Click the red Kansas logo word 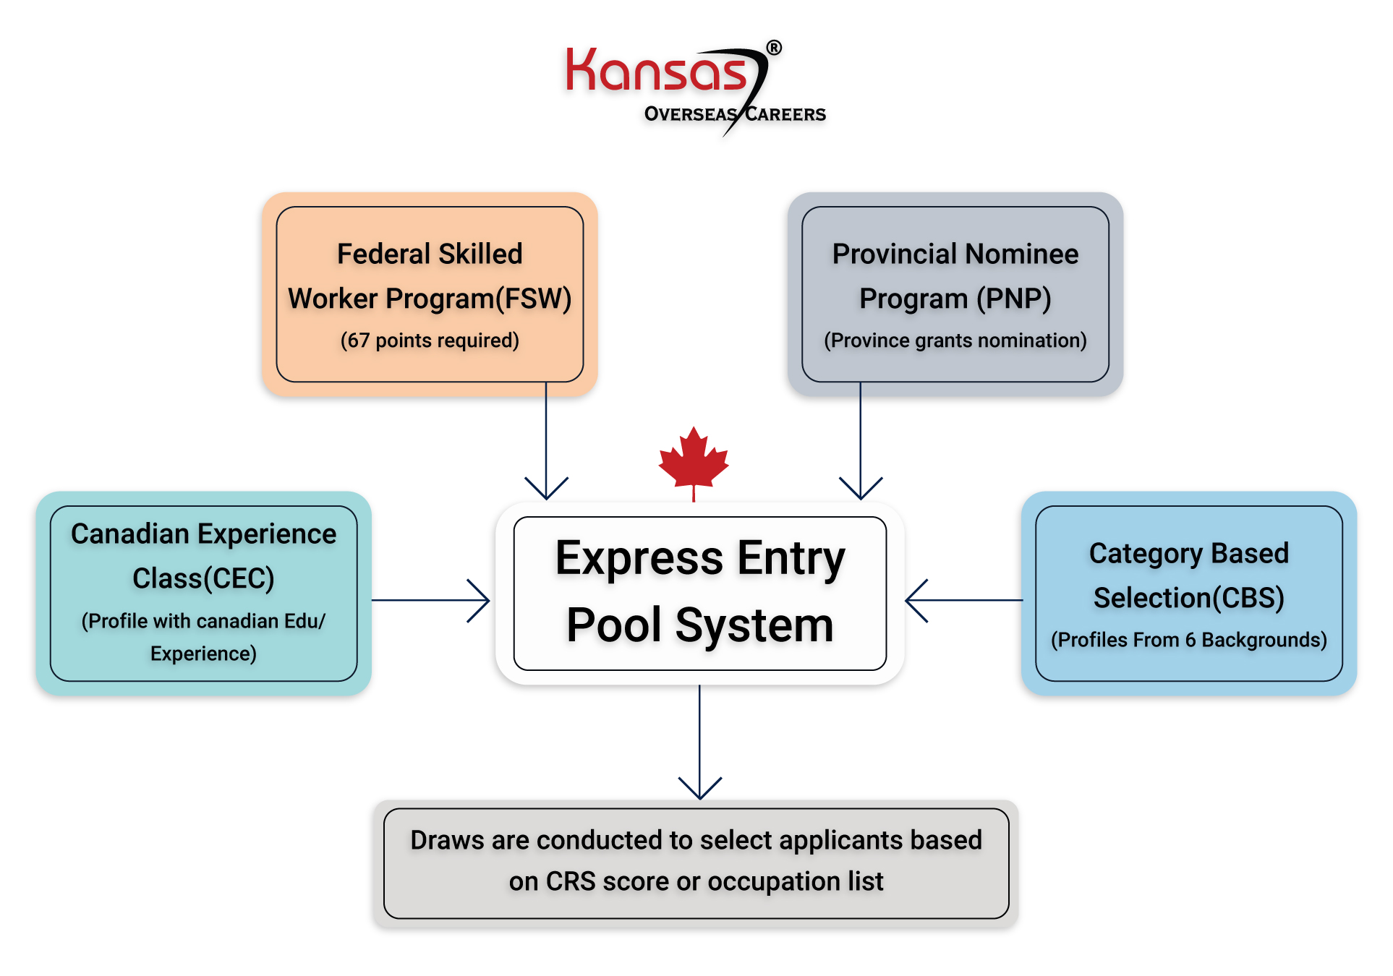pos(655,72)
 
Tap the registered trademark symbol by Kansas pos(773,48)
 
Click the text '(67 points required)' pos(430,341)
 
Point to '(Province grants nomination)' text pos(955,341)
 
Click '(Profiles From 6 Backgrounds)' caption pos(1188,640)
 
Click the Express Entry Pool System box pos(699,593)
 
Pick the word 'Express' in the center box pos(639,559)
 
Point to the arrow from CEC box pos(431,600)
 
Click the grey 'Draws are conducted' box pos(696,863)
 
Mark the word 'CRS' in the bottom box pos(570,882)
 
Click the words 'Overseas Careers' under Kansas pos(734,114)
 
